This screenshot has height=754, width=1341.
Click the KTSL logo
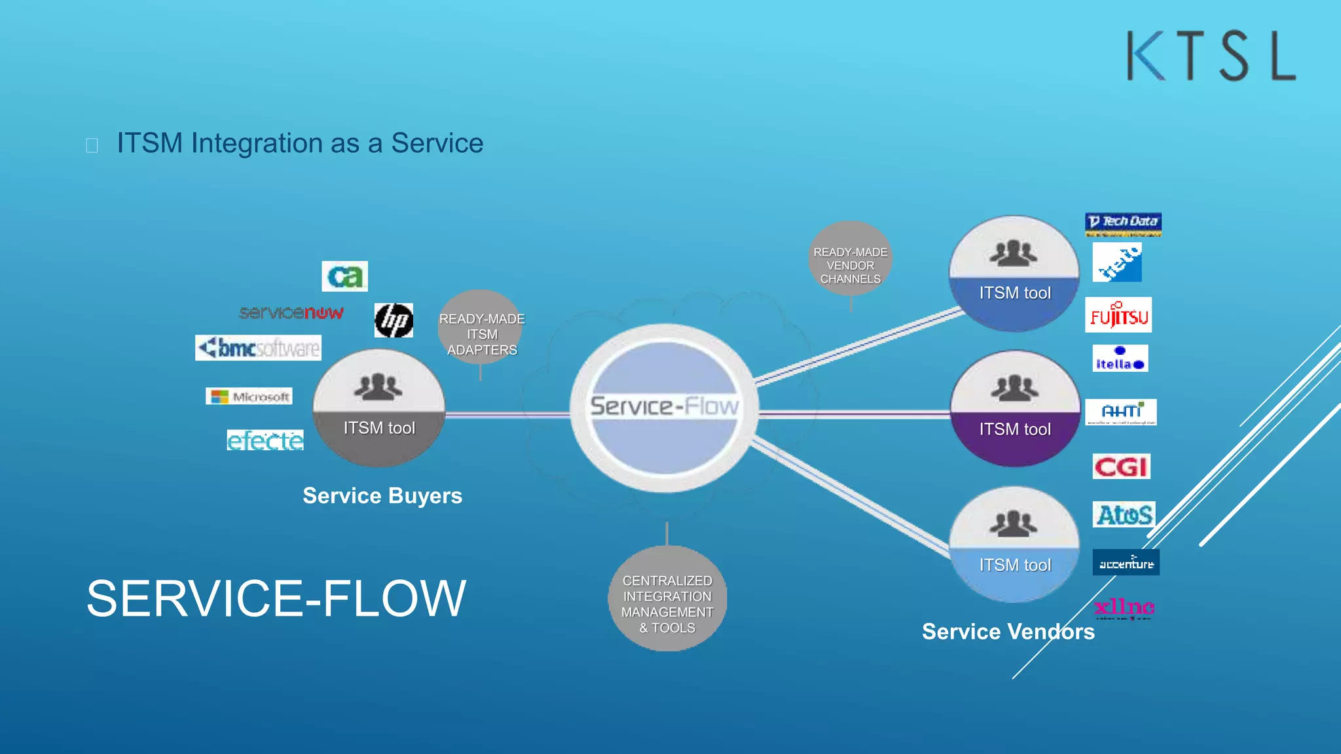click(x=1211, y=56)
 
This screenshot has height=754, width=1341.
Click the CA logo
click(x=344, y=276)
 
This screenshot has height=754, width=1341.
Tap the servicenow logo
click(x=291, y=313)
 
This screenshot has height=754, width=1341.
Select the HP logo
click(x=394, y=320)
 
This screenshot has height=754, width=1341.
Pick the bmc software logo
click(x=259, y=348)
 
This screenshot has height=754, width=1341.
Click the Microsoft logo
click(x=249, y=397)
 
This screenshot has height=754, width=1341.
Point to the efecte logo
click(x=265, y=440)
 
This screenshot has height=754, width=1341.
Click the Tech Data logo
click(x=1123, y=223)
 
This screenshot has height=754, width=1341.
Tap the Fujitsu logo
click(x=1118, y=315)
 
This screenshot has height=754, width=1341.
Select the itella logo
click(x=1120, y=359)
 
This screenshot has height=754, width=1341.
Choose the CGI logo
click(x=1121, y=467)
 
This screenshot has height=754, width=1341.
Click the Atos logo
click(x=1124, y=514)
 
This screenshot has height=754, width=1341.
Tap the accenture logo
click(x=1126, y=563)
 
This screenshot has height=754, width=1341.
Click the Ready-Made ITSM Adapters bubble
click(x=481, y=334)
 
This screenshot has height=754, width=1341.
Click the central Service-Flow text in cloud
click(x=665, y=406)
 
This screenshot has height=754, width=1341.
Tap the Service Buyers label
click(x=382, y=496)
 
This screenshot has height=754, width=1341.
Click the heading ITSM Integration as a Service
click(x=300, y=143)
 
